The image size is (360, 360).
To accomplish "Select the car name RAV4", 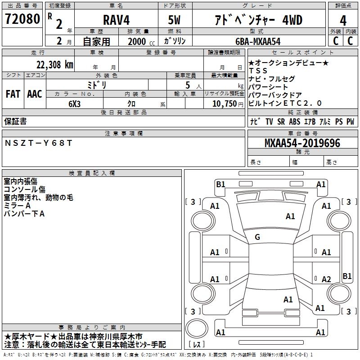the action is coord(116,20).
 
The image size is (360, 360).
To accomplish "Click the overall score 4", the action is coord(343,20).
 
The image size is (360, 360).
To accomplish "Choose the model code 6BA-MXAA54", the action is coord(258,41).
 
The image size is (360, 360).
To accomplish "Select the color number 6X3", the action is coord(74,103).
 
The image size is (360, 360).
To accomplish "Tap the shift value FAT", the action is coord(13,94).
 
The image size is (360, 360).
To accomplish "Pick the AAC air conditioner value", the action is coord(35,94).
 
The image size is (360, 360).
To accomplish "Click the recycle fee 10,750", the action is coord(224,103).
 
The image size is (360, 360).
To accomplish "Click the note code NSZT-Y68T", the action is coord(38,143).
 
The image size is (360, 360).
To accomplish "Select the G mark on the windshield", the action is coord(257,237).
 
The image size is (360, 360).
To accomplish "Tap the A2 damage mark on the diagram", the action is coord(326,279).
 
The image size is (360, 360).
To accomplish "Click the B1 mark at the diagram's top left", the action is coord(220,184).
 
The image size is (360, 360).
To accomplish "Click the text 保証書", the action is coord(15,121).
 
